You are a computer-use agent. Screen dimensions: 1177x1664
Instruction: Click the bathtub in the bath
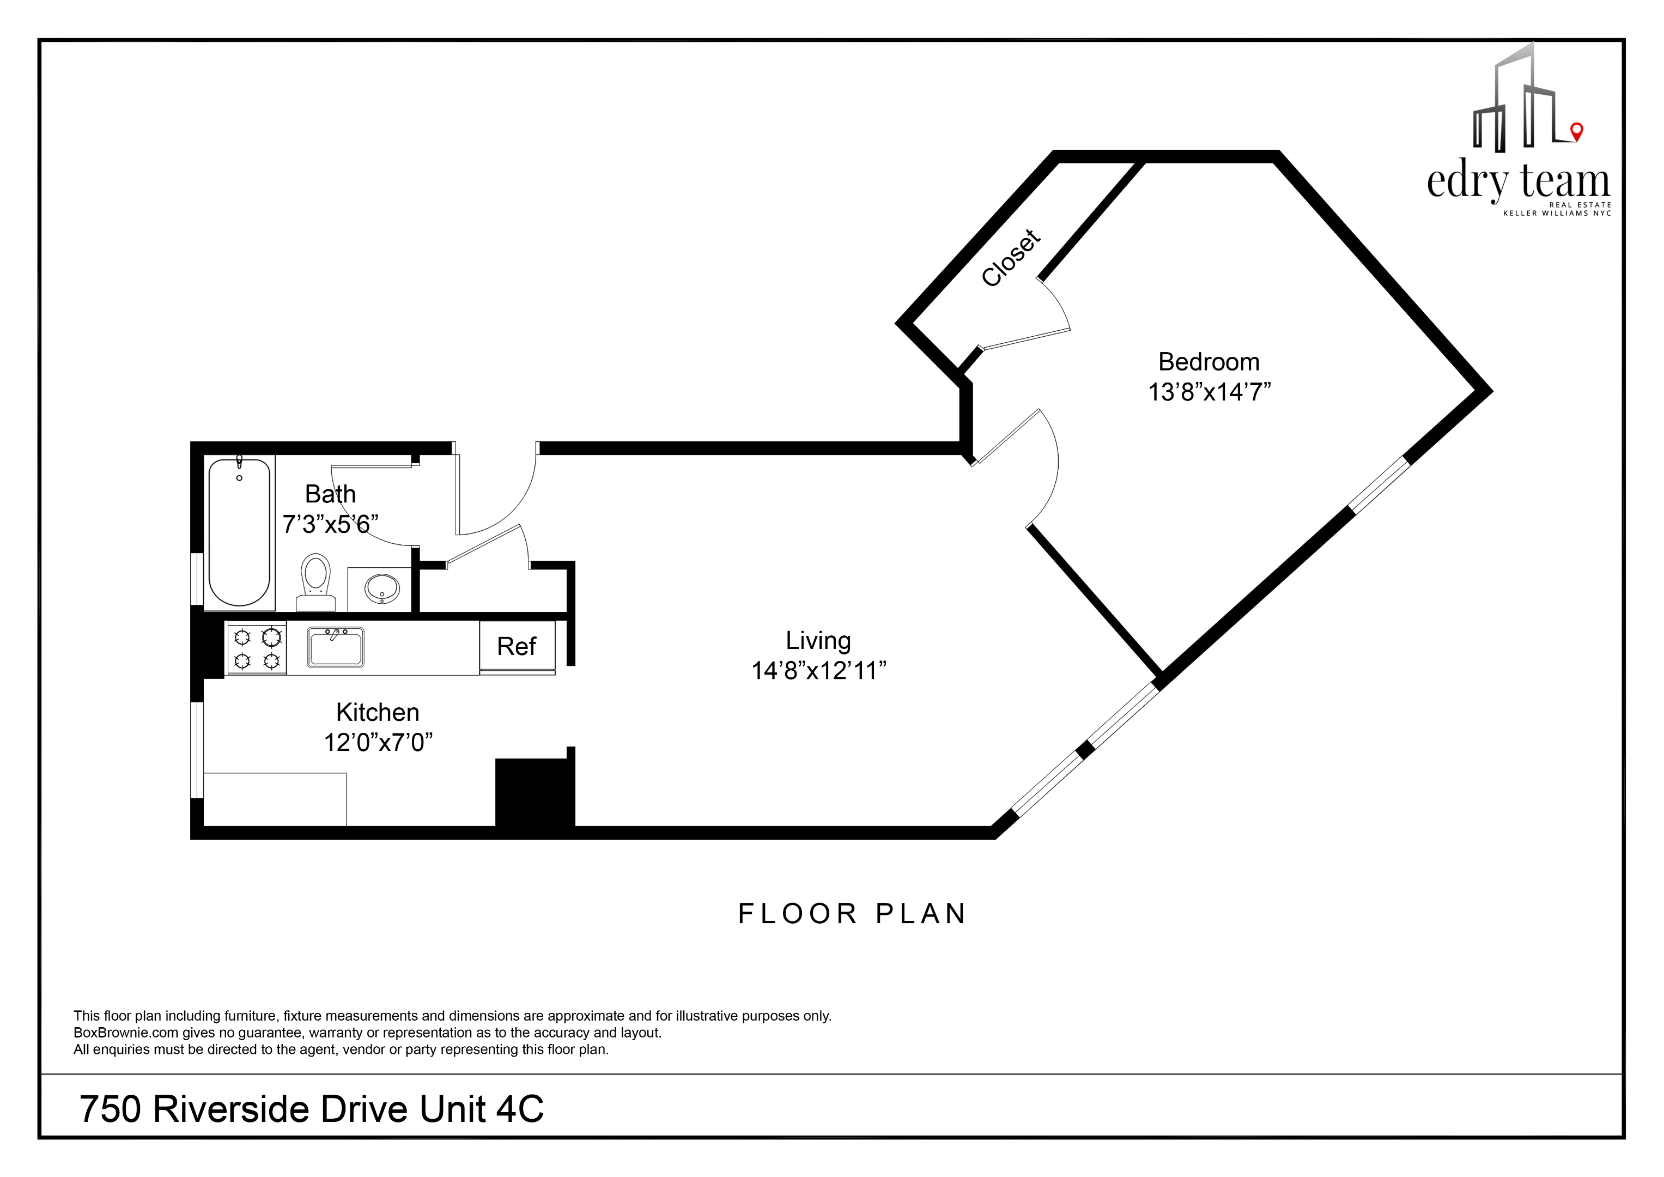[239, 533]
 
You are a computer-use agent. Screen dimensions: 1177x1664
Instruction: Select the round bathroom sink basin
[381, 588]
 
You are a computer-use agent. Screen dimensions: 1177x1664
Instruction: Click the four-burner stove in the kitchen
[257, 648]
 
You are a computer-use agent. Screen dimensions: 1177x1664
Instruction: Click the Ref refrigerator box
[517, 646]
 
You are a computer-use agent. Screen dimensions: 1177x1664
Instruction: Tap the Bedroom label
[1209, 362]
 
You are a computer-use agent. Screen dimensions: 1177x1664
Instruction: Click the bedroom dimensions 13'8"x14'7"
[1209, 392]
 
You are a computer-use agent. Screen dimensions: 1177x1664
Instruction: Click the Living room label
[818, 641]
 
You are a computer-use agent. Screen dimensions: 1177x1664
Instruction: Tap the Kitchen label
[378, 712]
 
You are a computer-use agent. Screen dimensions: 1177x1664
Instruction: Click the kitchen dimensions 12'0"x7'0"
[378, 743]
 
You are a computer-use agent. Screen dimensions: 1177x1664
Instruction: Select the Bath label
[330, 494]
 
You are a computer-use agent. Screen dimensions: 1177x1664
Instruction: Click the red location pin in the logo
[1576, 131]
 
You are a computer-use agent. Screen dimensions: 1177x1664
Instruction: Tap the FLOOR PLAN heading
[852, 914]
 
